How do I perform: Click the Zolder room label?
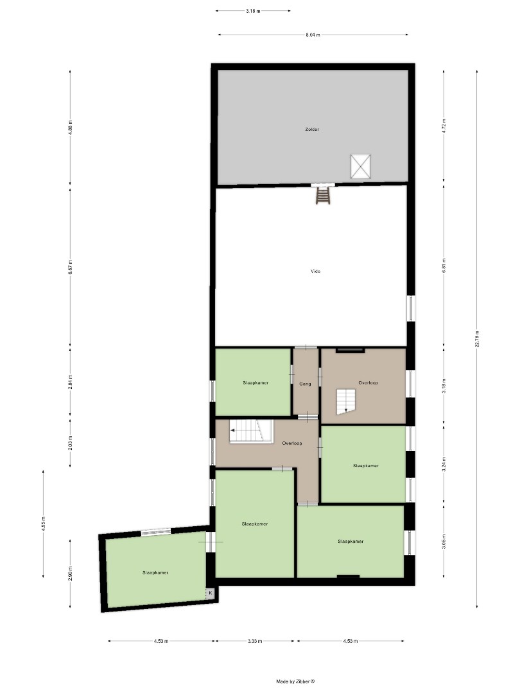(x=312, y=130)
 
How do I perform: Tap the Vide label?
(x=315, y=271)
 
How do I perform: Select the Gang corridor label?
(x=305, y=384)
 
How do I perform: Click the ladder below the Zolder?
(x=322, y=194)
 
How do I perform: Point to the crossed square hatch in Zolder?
(x=360, y=167)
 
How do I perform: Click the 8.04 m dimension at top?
(x=313, y=35)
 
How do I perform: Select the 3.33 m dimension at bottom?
(x=256, y=640)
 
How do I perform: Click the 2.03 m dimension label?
(x=71, y=443)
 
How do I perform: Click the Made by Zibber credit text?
(x=296, y=681)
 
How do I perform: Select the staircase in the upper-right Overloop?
(x=346, y=400)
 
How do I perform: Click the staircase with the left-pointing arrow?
(x=247, y=430)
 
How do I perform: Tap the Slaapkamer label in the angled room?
(x=155, y=572)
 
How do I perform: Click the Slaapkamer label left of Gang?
(x=256, y=383)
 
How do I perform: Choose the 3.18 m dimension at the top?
(x=253, y=11)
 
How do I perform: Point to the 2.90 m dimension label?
(x=71, y=572)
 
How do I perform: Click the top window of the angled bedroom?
(x=156, y=531)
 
